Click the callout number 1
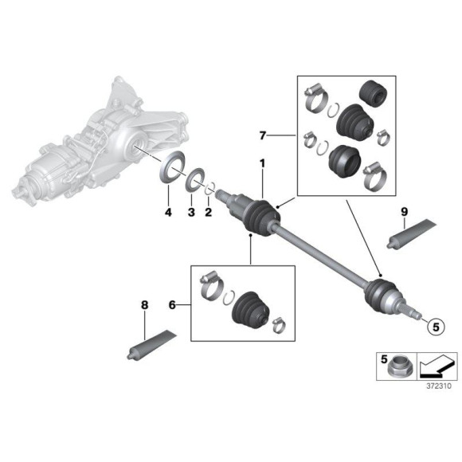pos(260,164)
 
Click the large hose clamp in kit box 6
pos(210,284)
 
